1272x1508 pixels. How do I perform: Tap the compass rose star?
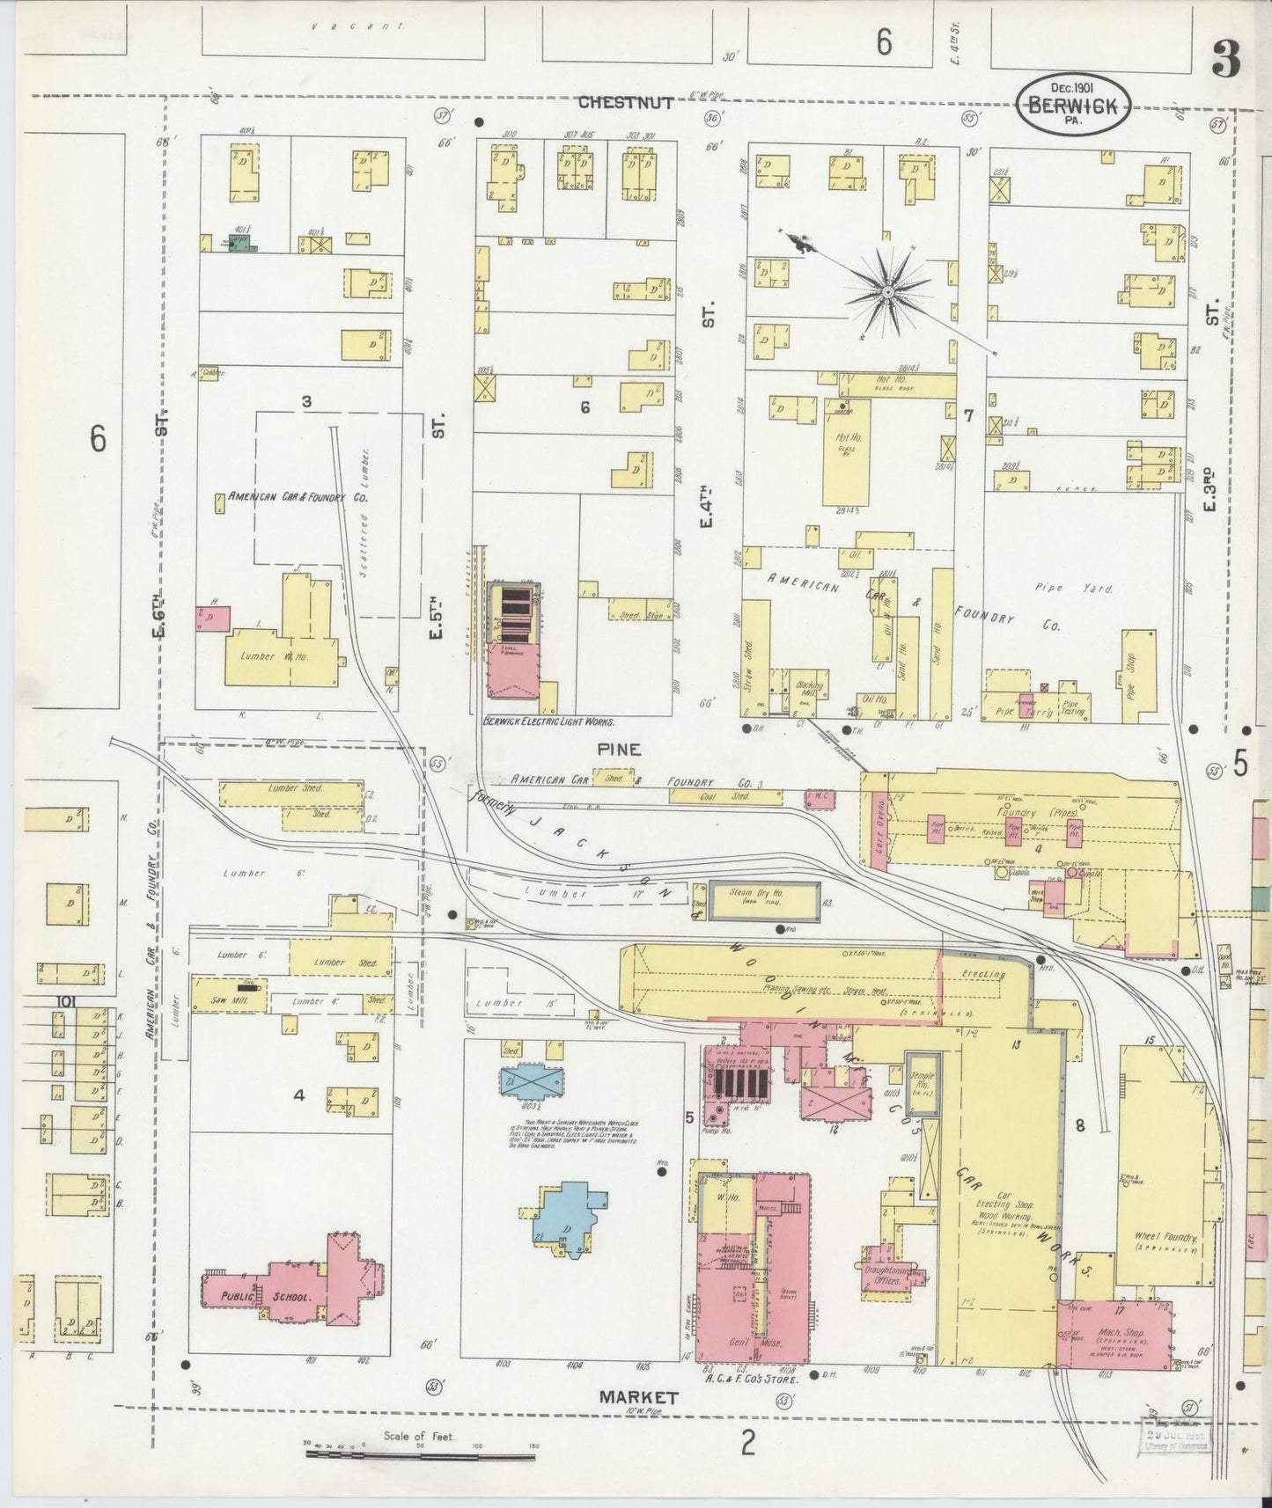coord(887,290)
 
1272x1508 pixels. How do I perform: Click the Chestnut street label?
coord(626,103)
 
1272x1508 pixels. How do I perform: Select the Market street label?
coord(638,1396)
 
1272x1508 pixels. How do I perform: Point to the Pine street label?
coord(619,750)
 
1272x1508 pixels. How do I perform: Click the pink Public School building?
coord(290,1289)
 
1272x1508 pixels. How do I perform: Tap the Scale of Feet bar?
coord(420,1455)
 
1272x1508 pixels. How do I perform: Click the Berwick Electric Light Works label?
coord(548,721)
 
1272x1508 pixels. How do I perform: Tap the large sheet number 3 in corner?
coord(1225,60)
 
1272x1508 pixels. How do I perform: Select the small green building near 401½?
coord(238,240)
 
